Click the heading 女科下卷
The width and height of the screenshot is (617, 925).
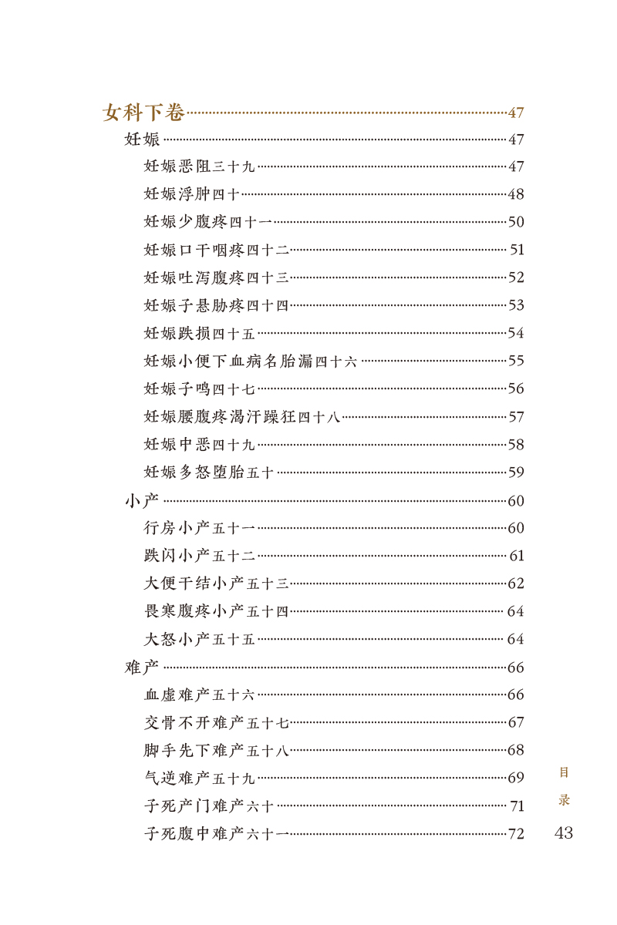[x=143, y=113]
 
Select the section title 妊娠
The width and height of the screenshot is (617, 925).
[x=142, y=140]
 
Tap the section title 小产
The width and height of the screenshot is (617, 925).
[x=142, y=501]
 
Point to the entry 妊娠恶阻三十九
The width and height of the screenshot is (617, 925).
[x=199, y=166]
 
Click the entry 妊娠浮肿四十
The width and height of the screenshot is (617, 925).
[x=192, y=194]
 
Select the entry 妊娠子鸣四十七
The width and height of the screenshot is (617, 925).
[x=199, y=388]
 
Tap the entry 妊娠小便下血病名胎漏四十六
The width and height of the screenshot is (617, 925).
[x=251, y=361]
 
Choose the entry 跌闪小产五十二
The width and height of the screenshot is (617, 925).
[x=199, y=556]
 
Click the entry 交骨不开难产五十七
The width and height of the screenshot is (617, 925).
[x=217, y=722]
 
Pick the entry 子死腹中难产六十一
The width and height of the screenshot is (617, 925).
[x=217, y=834]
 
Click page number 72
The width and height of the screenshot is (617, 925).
[x=516, y=834]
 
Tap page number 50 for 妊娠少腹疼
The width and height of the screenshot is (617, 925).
[x=516, y=222]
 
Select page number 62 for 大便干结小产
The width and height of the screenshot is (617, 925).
[x=516, y=584]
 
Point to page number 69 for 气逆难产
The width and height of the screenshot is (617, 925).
[x=516, y=778]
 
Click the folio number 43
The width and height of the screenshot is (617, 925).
[x=564, y=833]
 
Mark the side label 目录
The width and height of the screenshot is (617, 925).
[x=565, y=785]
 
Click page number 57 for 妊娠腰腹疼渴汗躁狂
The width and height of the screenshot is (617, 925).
[x=516, y=417]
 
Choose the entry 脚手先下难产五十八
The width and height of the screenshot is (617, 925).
[x=217, y=750]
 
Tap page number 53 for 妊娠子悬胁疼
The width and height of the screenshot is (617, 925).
[x=516, y=305]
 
